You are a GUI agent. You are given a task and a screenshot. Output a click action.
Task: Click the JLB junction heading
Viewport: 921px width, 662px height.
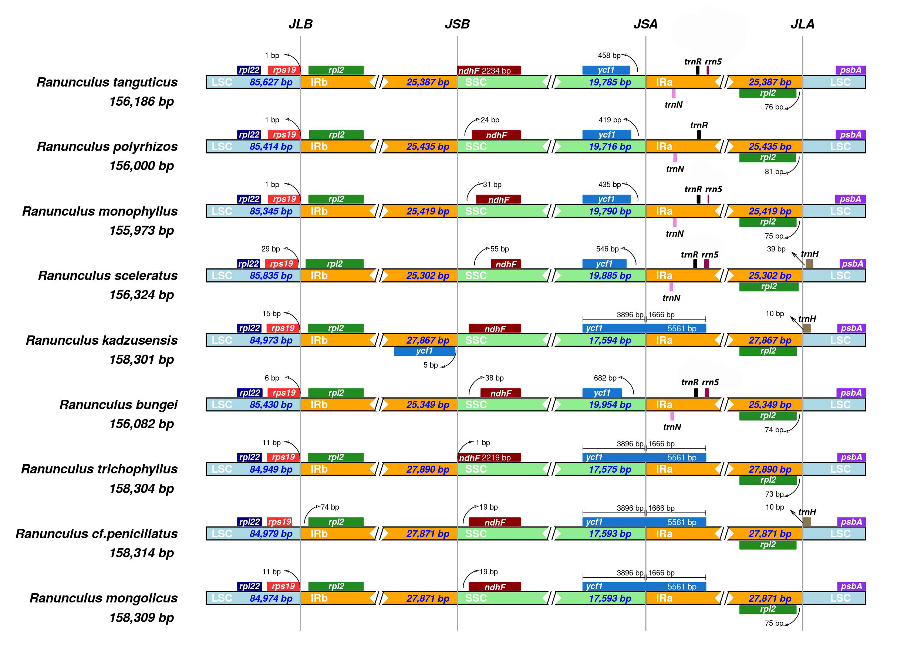click(x=300, y=24)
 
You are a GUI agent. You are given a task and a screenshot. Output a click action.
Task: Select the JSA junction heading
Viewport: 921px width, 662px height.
click(x=645, y=24)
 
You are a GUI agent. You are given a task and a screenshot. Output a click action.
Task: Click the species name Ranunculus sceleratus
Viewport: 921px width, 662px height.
click(x=108, y=276)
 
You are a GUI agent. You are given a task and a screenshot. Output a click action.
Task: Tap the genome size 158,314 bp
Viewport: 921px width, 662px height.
click(x=141, y=553)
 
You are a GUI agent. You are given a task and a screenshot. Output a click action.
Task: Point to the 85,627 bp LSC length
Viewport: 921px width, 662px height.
click(x=271, y=82)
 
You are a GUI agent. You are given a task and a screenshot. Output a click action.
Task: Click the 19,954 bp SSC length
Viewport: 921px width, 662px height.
click(x=610, y=405)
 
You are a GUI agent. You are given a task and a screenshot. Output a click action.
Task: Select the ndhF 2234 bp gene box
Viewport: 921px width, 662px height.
click(x=489, y=70)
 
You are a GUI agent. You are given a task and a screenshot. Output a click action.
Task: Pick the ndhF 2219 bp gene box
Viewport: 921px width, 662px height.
click(x=489, y=457)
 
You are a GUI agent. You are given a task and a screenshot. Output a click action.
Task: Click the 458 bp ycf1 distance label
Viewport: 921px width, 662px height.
click(x=609, y=55)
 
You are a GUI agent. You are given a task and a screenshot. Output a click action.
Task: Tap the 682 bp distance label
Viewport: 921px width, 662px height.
click(x=605, y=378)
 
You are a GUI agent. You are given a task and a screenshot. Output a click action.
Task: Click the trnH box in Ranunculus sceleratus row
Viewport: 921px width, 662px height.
click(x=809, y=264)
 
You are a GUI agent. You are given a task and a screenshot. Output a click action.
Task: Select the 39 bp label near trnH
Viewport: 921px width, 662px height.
click(x=776, y=249)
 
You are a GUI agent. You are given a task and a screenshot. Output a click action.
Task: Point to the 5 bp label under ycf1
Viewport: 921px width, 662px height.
click(x=431, y=365)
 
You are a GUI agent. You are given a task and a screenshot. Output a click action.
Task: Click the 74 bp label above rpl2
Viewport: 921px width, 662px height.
click(x=330, y=507)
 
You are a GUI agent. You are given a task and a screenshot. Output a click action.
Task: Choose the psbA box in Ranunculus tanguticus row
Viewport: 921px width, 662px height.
click(x=850, y=70)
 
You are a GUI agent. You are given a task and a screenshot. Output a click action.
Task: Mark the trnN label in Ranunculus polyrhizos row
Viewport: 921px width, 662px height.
click(x=675, y=169)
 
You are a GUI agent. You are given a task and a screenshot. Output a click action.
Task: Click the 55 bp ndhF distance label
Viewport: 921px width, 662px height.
click(x=499, y=249)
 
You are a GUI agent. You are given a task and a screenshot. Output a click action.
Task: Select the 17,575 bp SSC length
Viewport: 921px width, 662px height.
click(x=610, y=469)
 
